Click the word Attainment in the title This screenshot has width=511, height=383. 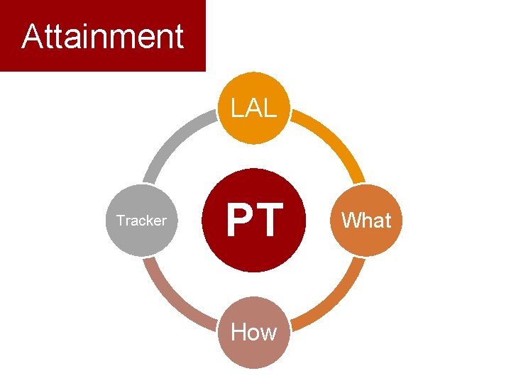click(x=102, y=36)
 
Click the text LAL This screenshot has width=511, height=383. click(x=254, y=109)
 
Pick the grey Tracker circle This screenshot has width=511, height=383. click(x=141, y=220)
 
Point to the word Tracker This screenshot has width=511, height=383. click(x=141, y=221)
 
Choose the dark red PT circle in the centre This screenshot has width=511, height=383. click(x=254, y=220)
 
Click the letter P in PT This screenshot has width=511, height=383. click(x=239, y=220)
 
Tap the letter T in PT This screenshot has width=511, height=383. click(x=270, y=220)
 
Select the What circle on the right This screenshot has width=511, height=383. click(x=366, y=220)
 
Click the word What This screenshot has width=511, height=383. click(x=366, y=221)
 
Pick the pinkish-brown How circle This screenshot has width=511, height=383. click(x=254, y=331)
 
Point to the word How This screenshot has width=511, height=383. click(x=254, y=331)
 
